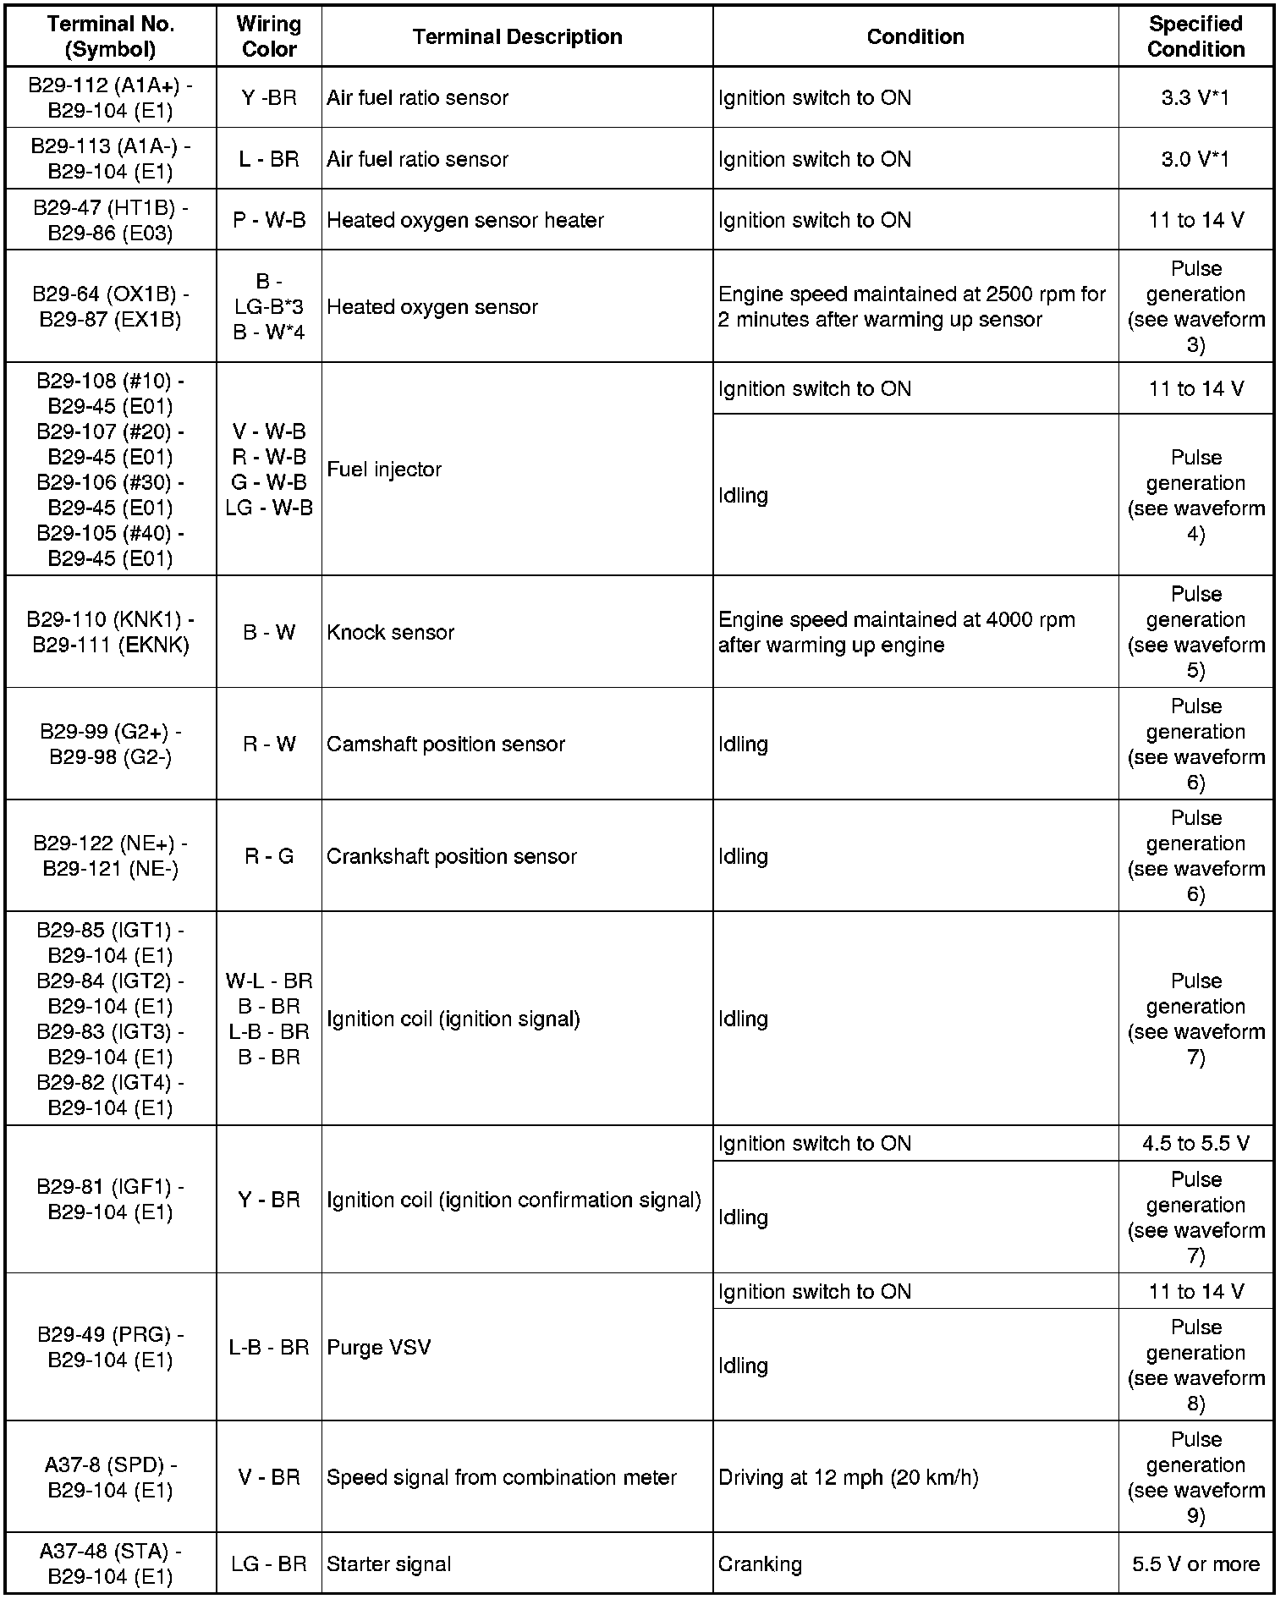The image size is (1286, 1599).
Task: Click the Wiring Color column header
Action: point(269,36)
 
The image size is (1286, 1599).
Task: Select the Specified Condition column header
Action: point(1195,36)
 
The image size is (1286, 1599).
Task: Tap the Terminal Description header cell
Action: point(517,36)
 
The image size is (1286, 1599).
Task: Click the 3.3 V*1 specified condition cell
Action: point(1195,97)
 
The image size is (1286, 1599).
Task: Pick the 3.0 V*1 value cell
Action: point(1195,159)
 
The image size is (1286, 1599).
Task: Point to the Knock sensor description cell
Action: point(391,632)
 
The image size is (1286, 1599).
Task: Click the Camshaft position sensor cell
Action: point(446,744)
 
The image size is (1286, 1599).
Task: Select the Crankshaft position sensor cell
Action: point(452,856)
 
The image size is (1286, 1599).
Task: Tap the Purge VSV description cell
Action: point(379,1347)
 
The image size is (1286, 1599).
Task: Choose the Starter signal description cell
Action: point(389,1564)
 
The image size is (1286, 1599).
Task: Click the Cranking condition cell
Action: point(760,1564)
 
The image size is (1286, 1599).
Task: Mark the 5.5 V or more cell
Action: point(1195,1564)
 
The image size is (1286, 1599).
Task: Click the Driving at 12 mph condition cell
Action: point(848,1477)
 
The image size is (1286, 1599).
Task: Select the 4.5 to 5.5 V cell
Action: point(1195,1143)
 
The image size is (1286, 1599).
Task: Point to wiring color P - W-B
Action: point(269,220)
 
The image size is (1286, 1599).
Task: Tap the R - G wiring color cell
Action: point(269,856)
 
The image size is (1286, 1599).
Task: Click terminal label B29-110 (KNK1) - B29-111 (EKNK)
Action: point(111,632)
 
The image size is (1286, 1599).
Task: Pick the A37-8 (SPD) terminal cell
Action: point(111,1477)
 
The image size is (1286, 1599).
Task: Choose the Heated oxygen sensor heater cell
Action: point(465,220)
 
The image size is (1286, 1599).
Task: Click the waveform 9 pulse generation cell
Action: point(1195,1477)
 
